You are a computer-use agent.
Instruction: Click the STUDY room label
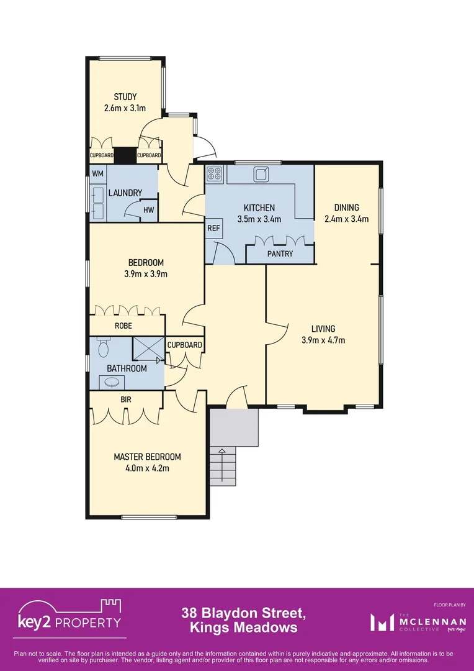point(125,97)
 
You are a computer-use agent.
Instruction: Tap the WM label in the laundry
point(98,174)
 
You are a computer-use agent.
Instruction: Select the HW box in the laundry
point(148,210)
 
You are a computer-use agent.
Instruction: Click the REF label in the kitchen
point(213,228)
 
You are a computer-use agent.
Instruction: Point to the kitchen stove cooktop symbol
point(215,174)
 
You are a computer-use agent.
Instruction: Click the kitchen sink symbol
point(261,175)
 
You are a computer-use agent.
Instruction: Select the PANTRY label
point(280,253)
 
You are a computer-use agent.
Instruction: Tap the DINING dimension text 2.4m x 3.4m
point(346,219)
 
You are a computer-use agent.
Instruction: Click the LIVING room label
point(323,329)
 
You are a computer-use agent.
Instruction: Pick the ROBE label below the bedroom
point(122,326)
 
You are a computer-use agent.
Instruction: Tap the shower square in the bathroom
point(148,349)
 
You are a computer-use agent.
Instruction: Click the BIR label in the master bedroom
point(125,400)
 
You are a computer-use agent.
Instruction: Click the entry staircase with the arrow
point(223,466)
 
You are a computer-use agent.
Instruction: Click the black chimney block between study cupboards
point(125,155)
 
